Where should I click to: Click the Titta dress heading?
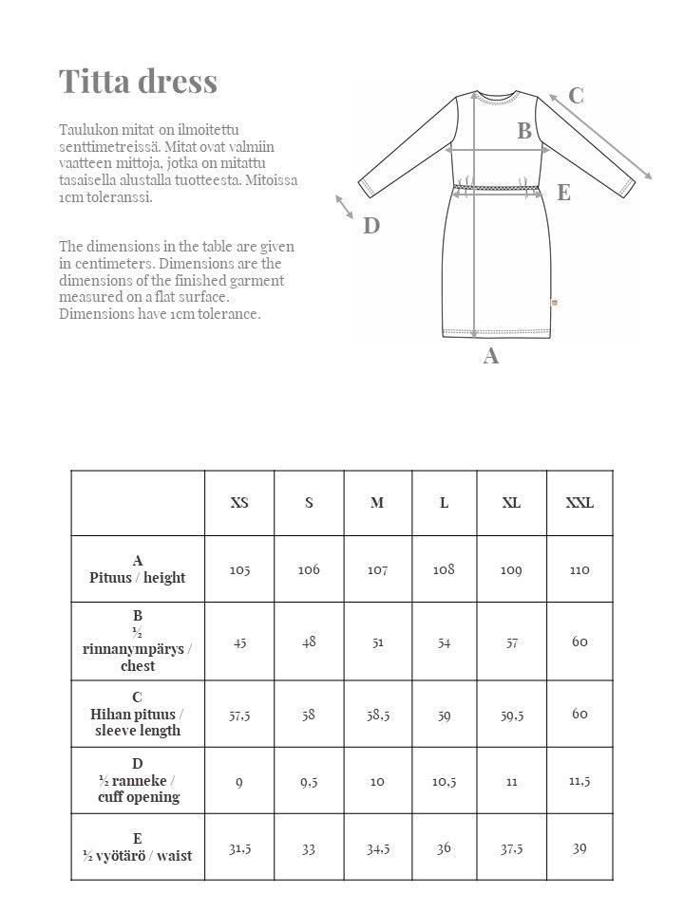point(139,82)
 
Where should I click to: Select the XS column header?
point(239,503)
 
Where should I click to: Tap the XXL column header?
point(579,503)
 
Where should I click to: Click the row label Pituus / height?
point(138,569)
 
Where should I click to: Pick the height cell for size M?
point(377,569)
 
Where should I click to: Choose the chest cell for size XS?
point(239,642)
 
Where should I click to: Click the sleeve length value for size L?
point(444,715)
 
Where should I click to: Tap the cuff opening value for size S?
point(309,781)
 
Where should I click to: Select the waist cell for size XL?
point(511,847)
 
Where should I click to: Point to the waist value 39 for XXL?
point(579,847)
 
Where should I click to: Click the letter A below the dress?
point(491,357)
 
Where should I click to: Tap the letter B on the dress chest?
point(524,132)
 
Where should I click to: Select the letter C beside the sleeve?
point(576,96)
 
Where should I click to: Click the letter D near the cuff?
point(371,226)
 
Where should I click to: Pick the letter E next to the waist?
point(563,193)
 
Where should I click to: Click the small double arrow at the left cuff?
point(344,205)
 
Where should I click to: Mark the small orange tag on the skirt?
point(556,303)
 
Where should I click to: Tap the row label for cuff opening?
point(138,780)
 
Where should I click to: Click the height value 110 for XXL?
point(579,569)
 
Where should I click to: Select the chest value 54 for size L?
point(444,642)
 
